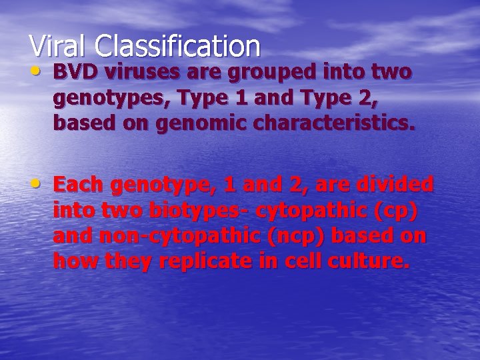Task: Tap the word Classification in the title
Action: pyautogui.click(x=177, y=47)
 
